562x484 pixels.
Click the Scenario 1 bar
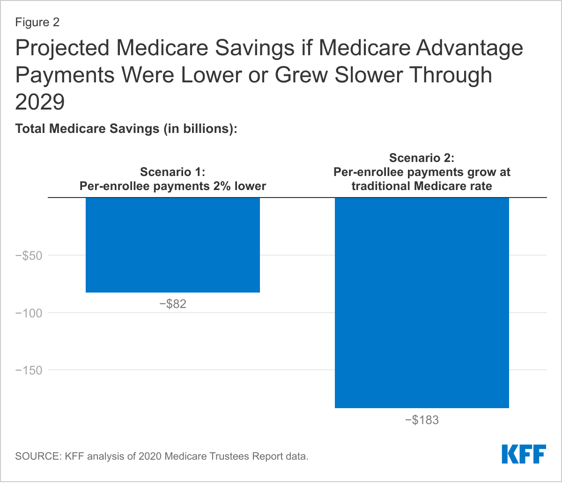pyautogui.click(x=173, y=245)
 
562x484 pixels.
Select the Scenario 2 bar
pyautogui.click(x=421, y=303)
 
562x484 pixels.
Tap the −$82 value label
pyautogui.click(x=173, y=304)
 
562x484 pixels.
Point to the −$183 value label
pyautogui.click(x=421, y=420)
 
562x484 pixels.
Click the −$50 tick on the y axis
pyautogui.click(x=29, y=256)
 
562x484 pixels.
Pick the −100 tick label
pyautogui.click(x=29, y=313)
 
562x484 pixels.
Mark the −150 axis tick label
pyautogui.click(x=29, y=370)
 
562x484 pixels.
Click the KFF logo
pyautogui.click(x=524, y=454)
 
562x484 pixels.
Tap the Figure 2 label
pyautogui.click(x=37, y=22)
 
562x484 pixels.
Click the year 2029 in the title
pyautogui.click(x=40, y=102)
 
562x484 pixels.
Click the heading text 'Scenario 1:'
pyautogui.click(x=172, y=172)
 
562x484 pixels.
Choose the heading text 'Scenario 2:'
pyautogui.click(x=421, y=158)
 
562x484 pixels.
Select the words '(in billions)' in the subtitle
pyautogui.click(x=200, y=129)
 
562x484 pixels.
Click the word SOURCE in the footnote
pyautogui.click(x=38, y=456)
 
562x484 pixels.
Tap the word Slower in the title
pyautogui.click(x=369, y=75)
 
